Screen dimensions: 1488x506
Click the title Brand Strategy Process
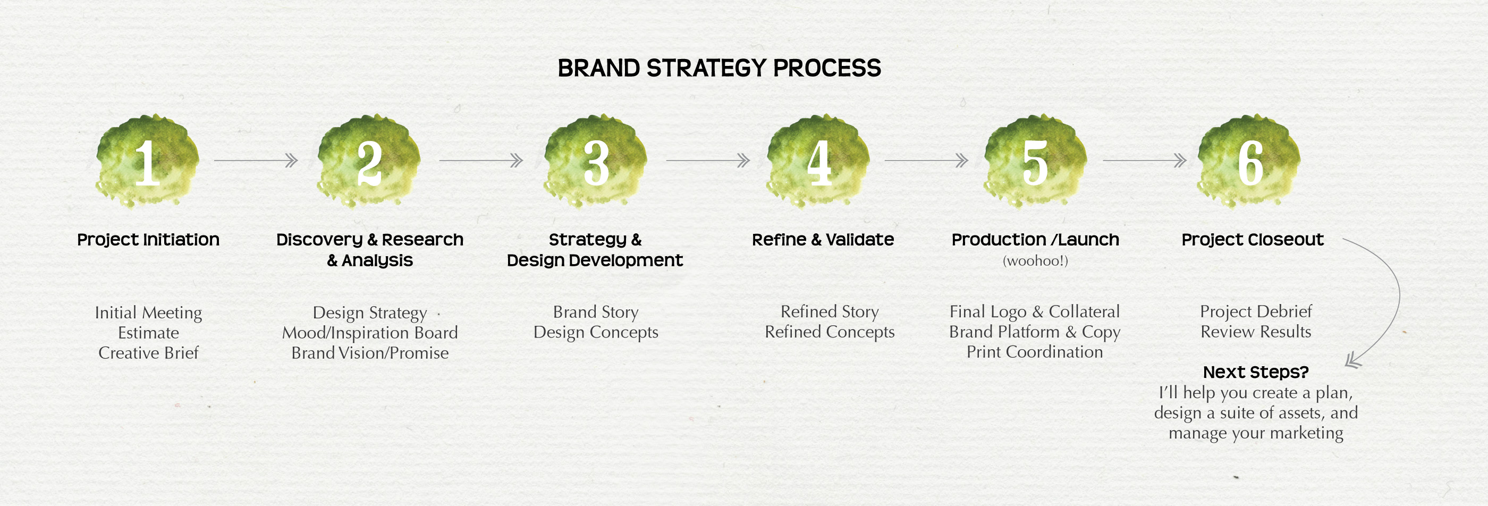coord(719,68)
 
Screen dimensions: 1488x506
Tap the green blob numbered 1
coord(147,161)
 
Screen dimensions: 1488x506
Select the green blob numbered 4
coord(818,161)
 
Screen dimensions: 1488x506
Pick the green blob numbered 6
coord(1249,161)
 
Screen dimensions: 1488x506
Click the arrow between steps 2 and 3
coord(481,161)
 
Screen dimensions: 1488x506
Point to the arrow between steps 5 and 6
coord(1145,161)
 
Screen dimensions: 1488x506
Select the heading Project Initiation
coord(148,240)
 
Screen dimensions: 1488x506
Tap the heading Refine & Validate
coord(823,240)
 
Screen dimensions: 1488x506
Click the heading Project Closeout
coord(1253,240)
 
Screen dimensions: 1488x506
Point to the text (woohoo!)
coord(1035,261)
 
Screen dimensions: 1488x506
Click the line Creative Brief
coord(148,353)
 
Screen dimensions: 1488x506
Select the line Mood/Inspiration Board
coord(370,333)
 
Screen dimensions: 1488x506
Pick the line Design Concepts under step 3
coord(596,333)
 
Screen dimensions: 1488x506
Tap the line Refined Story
coord(830,313)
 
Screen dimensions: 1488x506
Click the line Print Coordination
coord(1035,352)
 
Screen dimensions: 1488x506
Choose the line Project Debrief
coord(1256,312)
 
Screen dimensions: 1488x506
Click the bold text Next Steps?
coord(1256,372)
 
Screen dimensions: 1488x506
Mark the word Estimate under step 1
coord(148,333)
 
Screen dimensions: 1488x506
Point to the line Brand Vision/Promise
coord(370,353)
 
